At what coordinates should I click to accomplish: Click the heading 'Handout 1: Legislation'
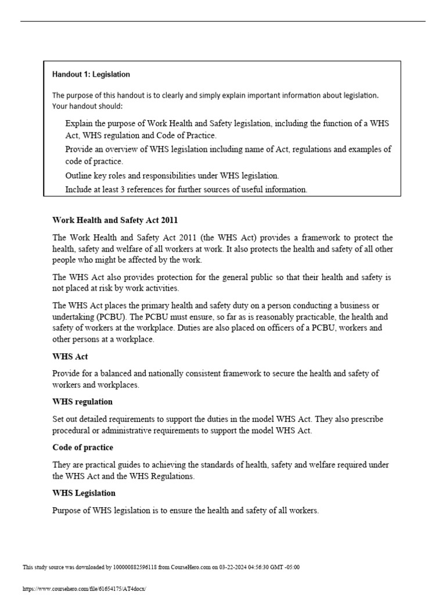pyautogui.click(x=91, y=74)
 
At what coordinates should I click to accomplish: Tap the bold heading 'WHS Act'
pyautogui.click(x=70, y=357)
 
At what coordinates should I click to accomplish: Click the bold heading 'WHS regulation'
pyautogui.click(x=82, y=402)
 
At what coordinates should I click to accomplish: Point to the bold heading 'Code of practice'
pyautogui.click(x=82, y=447)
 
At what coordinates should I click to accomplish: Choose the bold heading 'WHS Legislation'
pyautogui.click(x=84, y=493)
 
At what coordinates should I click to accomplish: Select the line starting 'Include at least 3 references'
pyautogui.click(x=186, y=189)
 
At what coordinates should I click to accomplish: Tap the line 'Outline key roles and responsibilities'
pyautogui.click(x=172, y=175)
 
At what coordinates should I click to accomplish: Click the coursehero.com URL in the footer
pyautogui.click(x=84, y=589)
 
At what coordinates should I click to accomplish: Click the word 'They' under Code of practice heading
pyautogui.click(x=62, y=465)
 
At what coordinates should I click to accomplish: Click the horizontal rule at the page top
pyautogui.click(x=223, y=21)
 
